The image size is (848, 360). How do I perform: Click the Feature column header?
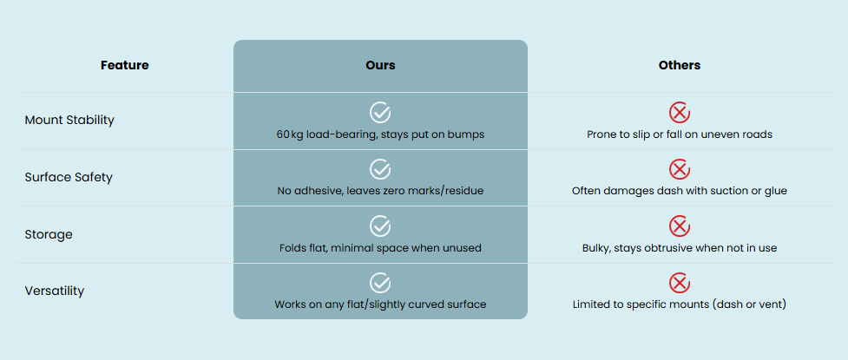[124, 65]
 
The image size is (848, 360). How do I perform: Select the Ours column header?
[380, 65]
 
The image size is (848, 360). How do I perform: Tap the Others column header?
[680, 65]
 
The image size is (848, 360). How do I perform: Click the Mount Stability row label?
[69, 120]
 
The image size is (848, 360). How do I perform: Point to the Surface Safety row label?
[69, 177]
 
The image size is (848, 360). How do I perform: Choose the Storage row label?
[49, 234]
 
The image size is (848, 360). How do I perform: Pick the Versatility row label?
[55, 291]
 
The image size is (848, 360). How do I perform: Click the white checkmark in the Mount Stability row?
[380, 112]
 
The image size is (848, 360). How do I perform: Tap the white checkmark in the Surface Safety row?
[380, 169]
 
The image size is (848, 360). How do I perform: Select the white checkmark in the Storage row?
[380, 226]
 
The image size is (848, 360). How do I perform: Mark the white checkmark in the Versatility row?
[380, 283]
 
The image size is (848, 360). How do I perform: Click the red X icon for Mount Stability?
[680, 112]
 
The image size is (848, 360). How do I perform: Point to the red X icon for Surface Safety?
[680, 169]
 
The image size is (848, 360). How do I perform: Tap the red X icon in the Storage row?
[680, 226]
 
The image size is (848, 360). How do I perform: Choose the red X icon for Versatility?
[680, 283]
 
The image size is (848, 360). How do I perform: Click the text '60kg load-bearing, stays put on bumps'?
[380, 134]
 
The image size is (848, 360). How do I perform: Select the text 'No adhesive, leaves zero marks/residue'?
[380, 191]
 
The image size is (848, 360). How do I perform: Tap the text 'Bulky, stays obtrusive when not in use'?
[680, 248]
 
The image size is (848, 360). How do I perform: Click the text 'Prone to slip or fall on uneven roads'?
[680, 134]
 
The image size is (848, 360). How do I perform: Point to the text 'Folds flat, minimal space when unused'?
[380, 248]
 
